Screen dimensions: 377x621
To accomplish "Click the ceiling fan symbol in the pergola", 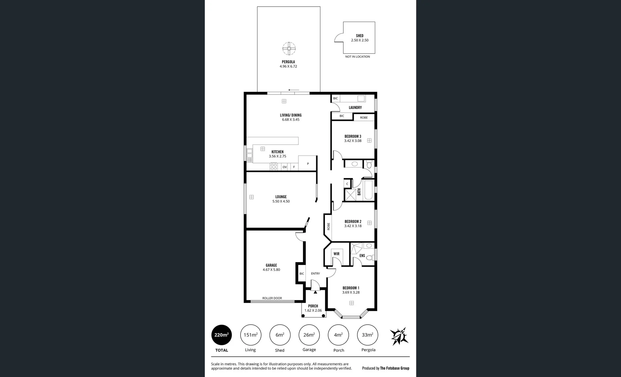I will click(289, 49).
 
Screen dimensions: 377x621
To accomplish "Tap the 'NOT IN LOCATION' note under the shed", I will click(357, 57).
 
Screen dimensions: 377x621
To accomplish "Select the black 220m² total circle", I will click(221, 335).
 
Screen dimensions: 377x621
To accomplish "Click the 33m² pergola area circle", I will click(368, 335).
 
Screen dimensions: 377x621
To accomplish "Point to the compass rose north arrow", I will click(399, 336).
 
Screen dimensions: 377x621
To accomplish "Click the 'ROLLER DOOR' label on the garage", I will click(272, 298).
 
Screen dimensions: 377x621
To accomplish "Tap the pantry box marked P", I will click(308, 163).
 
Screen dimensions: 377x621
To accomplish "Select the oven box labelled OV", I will click(285, 167).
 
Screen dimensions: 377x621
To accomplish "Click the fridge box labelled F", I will click(294, 167).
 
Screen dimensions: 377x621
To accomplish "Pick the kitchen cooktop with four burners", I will click(274, 167).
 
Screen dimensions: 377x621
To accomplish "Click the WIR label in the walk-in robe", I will click(336, 254).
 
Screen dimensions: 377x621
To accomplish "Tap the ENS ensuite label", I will click(362, 256).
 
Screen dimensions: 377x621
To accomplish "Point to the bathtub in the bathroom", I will click(368, 190).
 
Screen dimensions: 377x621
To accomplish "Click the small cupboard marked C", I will click(347, 184).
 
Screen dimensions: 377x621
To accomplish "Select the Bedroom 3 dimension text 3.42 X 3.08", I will click(353, 141).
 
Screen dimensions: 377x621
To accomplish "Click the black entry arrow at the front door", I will click(315, 291).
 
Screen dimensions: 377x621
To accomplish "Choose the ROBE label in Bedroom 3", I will click(364, 118).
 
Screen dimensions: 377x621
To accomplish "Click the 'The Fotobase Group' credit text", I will click(394, 368).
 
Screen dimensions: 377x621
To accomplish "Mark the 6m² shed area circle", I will click(280, 335).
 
